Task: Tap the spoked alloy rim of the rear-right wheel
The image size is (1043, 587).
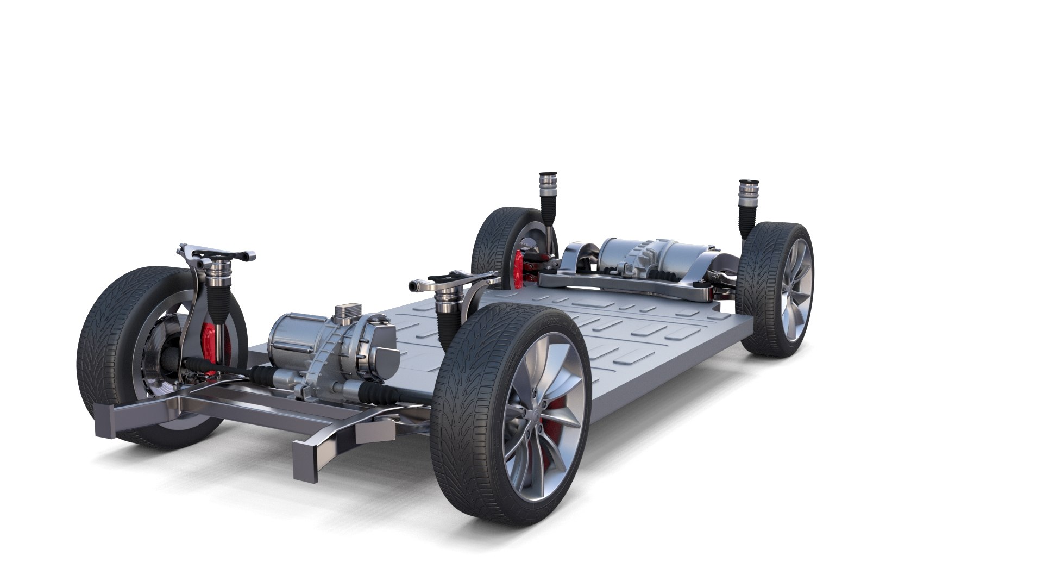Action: pyautogui.click(x=796, y=288)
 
